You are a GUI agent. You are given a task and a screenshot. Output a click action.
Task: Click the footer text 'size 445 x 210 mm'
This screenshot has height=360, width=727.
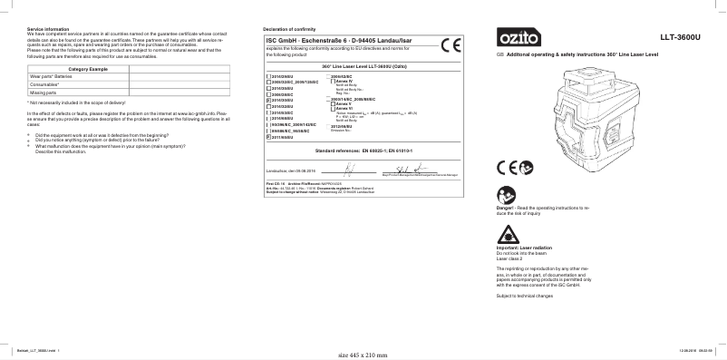pyautogui.click(x=362, y=355)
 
